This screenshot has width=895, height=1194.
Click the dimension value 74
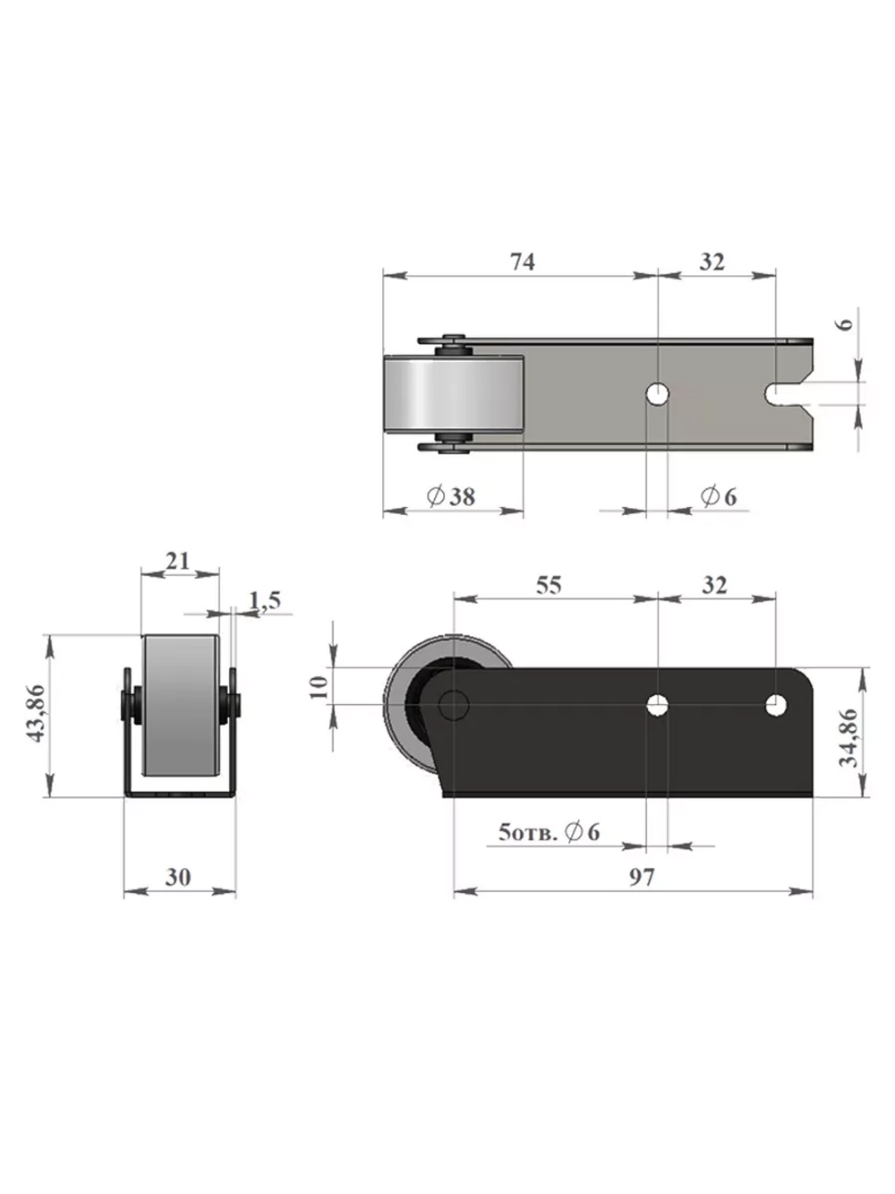click(x=522, y=262)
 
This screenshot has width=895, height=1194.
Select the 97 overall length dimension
click(x=642, y=877)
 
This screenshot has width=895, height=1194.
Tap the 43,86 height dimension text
click(x=37, y=713)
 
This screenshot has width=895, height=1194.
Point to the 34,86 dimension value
click(x=848, y=737)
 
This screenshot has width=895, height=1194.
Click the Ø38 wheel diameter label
click(x=450, y=496)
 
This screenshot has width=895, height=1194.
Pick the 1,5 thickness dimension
click(x=265, y=600)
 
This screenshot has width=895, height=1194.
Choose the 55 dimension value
click(x=549, y=585)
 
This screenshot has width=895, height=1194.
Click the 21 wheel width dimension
click(x=177, y=561)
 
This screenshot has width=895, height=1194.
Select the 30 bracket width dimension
click(x=178, y=877)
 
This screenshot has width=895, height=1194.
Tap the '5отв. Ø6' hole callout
click(x=549, y=832)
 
